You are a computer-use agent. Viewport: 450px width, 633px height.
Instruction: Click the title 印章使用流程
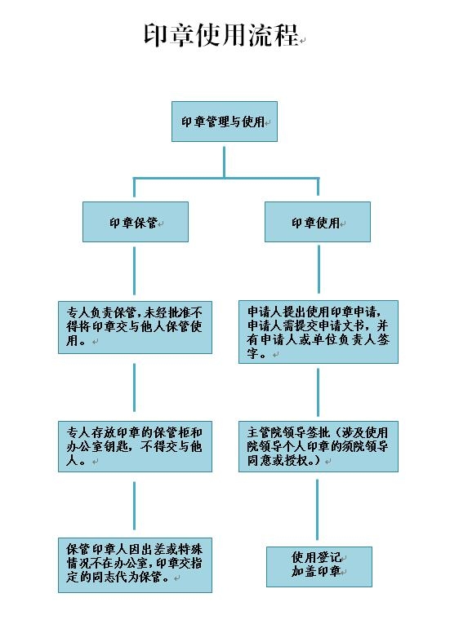click(x=221, y=35)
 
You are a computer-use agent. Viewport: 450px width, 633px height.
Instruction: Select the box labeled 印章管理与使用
click(x=225, y=122)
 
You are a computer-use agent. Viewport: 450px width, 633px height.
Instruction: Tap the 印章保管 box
click(x=136, y=222)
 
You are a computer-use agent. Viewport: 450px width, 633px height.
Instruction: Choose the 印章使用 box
click(x=318, y=222)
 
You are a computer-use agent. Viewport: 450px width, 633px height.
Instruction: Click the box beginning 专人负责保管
click(x=135, y=327)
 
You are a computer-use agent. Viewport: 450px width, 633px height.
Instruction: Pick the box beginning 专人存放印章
click(x=135, y=446)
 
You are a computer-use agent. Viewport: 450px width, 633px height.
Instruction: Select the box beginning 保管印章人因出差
click(x=135, y=565)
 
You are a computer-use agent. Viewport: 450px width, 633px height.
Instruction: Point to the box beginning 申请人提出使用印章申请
click(x=319, y=332)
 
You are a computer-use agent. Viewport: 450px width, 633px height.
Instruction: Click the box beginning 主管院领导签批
click(x=319, y=446)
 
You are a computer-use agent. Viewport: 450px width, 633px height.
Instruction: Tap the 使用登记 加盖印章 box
click(x=319, y=567)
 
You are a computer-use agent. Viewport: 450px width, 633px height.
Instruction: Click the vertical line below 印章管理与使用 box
click(x=224, y=162)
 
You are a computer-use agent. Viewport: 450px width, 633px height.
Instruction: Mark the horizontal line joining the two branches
click(x=226, y=178)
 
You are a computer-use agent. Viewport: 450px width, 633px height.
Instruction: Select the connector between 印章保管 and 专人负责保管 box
click(x=134, y=271)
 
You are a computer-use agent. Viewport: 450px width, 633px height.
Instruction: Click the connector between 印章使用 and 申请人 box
click(x=319, y=269)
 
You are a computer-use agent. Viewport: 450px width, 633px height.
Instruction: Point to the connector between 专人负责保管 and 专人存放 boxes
click(x=134, y=387)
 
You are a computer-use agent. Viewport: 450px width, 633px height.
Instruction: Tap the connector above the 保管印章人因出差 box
click(x=134, y=506)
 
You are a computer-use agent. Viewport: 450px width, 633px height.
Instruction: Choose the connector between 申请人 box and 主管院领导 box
click(x=319, y=392)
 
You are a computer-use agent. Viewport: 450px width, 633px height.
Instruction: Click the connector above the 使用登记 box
click(x=318, y=510)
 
